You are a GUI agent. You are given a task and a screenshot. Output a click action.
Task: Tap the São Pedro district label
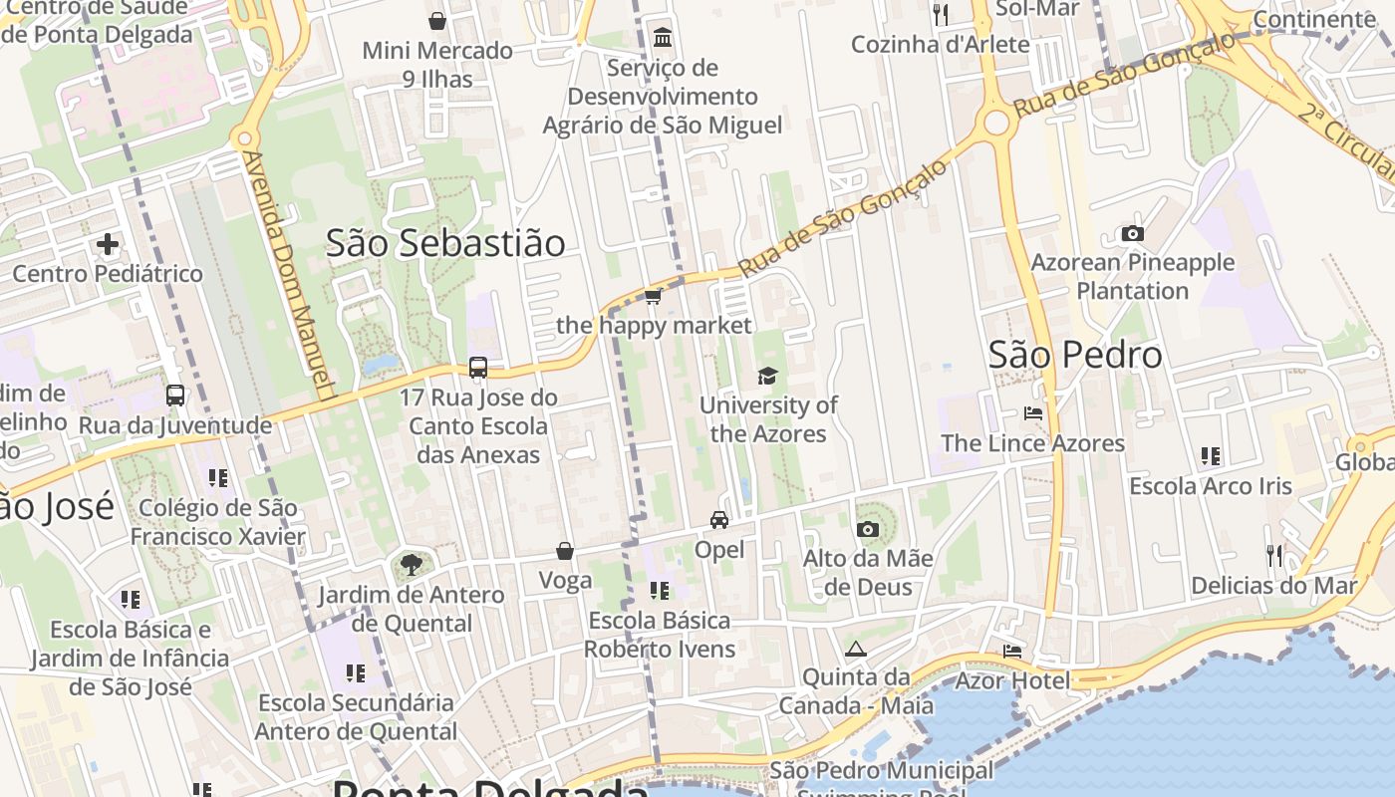point(1075,355)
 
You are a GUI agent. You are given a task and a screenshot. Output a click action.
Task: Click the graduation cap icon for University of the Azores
point(767,376)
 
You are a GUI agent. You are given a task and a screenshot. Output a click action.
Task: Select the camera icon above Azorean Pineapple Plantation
point(1132,234)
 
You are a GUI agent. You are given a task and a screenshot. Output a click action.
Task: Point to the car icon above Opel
point(719,520)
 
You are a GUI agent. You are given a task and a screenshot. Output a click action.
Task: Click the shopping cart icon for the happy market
point(654,297)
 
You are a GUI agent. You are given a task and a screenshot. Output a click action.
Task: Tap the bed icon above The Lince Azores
point(1033,412)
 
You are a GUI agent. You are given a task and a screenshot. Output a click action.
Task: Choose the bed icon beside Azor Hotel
point(1012,652)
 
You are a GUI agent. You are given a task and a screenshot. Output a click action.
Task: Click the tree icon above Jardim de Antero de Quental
point(411,565)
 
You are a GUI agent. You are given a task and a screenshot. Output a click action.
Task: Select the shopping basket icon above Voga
point(565,551)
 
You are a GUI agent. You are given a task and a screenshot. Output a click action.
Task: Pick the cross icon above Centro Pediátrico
point(108,244)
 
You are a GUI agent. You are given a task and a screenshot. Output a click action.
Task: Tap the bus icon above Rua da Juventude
point(175,396)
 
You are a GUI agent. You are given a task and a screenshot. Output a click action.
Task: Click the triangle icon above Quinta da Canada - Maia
point(855,650)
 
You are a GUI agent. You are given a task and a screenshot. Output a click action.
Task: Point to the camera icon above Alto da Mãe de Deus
point(868,529)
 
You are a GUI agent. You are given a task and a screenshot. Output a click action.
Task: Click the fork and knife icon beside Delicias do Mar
point(1274,555)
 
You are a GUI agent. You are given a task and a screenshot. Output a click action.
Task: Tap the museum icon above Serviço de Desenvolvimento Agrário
point(662,38)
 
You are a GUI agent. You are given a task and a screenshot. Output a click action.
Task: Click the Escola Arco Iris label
point(1210,486)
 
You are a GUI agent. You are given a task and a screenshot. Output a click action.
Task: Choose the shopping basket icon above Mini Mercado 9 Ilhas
point(437,20)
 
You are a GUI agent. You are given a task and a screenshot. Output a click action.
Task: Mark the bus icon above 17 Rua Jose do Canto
point(478,367)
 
